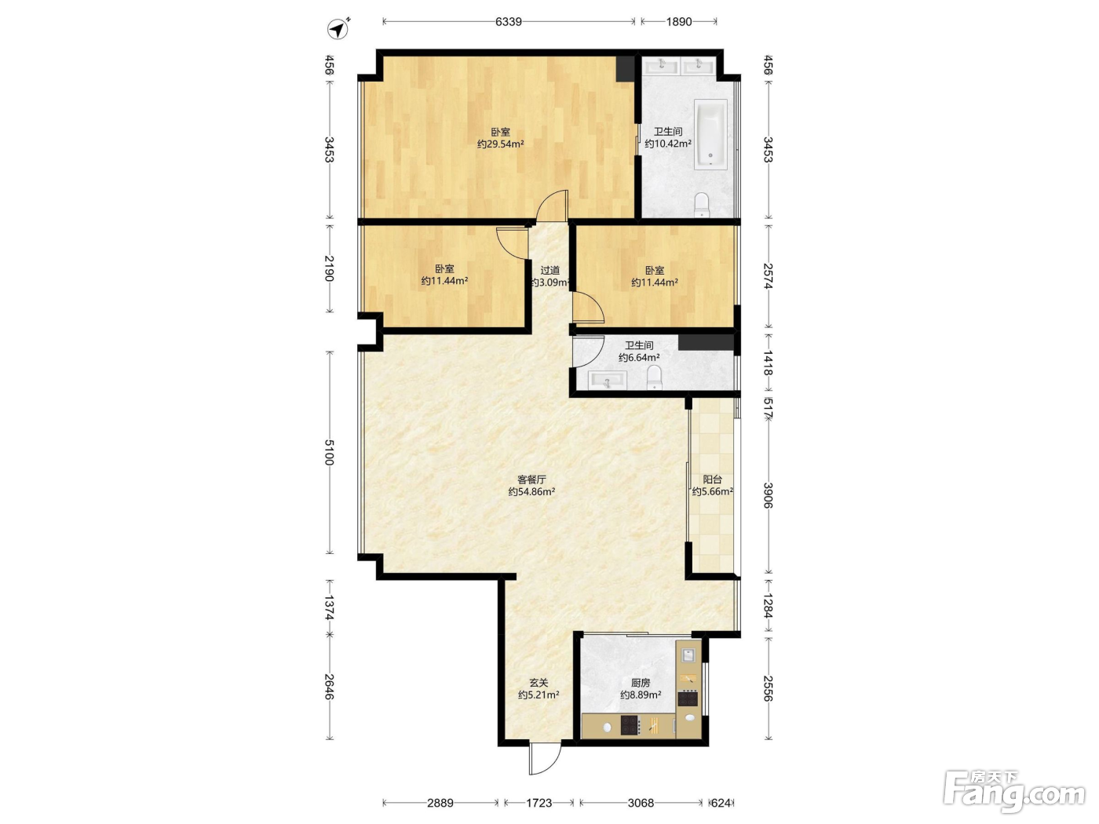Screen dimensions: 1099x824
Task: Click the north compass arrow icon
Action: pos(338,28)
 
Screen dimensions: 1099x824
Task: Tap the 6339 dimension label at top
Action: pos(509,21)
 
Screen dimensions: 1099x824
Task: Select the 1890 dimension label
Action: pos(678,21)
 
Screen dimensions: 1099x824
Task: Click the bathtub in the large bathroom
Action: pos(710,133)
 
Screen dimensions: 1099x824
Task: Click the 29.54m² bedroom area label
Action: pos(500,144)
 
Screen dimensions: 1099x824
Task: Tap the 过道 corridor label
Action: pos(549,270)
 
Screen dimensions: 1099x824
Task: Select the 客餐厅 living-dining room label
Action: pos(531,479)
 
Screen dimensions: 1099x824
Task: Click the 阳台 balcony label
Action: pos(713,479)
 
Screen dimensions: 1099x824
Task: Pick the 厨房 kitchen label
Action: pos(641,683)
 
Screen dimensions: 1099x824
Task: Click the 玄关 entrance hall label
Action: pos(539,683)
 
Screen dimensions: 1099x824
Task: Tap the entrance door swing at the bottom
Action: pos(545,759)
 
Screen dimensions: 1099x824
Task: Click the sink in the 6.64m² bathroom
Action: pos(608,381)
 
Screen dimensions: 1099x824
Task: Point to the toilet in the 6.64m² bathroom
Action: pos(655,377)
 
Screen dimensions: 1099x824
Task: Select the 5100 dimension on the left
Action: pos(329,452)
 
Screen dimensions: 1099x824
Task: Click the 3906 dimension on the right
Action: pos(768,495)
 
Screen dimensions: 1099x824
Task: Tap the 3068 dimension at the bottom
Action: pos(641,803)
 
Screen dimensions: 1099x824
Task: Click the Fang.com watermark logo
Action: pos(1014,791)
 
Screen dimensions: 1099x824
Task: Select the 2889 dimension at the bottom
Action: pos(440,803)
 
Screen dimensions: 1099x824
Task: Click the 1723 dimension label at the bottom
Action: pos(539,803)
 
